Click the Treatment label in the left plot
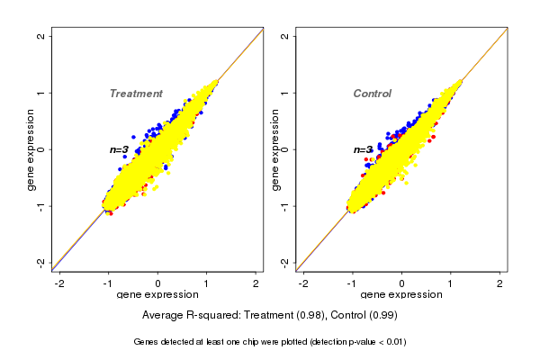(x=136, y=94)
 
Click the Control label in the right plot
(x=372, y=94)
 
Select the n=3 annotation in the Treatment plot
(x=119, y=149)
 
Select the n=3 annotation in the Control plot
(x=363, y=149)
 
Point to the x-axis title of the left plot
(x=158, y=295)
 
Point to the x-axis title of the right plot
(x=401, y=295)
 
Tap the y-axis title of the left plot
(x=31, y=148)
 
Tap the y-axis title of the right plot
(x=275, y=148)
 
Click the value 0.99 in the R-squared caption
(x=384, y=316)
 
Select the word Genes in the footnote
(x=148, y=342)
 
